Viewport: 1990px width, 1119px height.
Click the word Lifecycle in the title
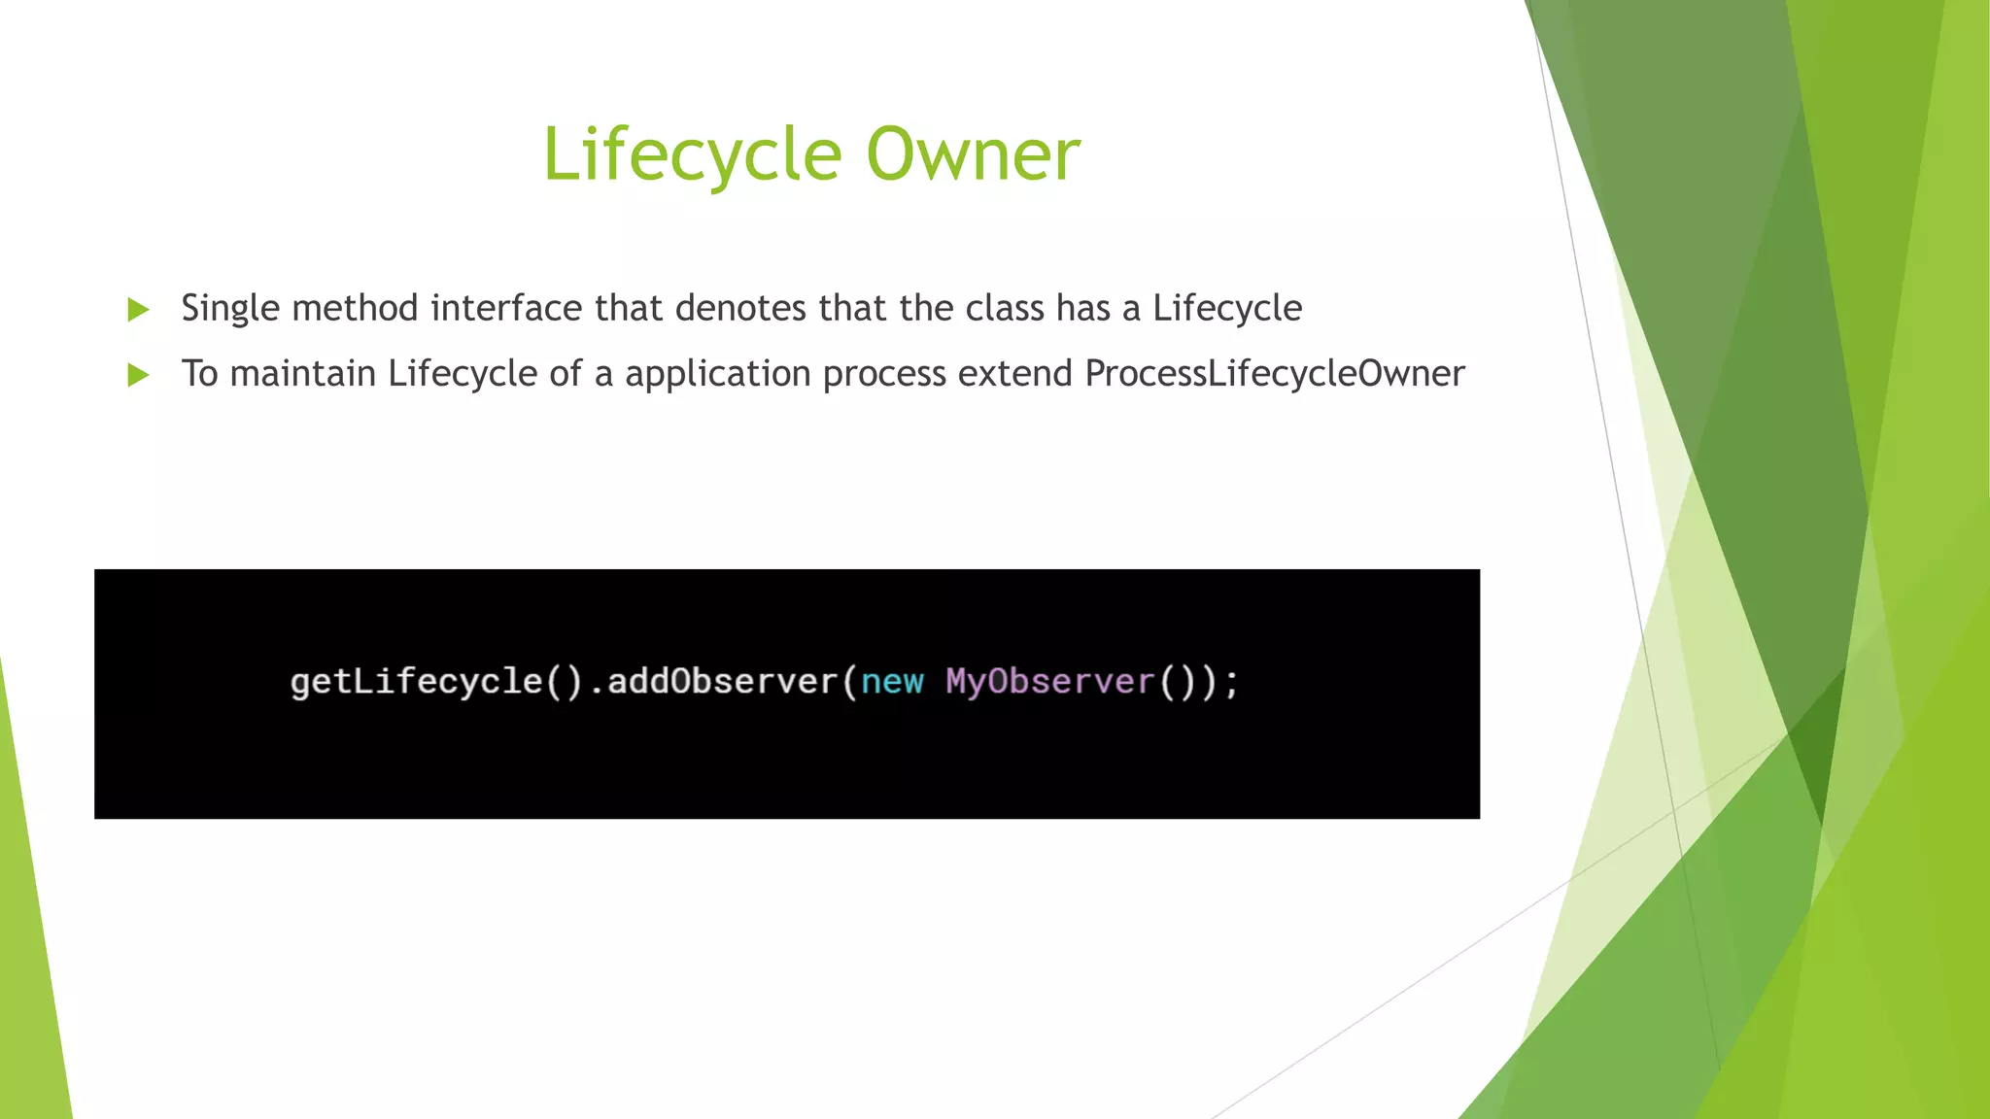[691, 155]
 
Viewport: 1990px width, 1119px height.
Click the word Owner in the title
[973, 155]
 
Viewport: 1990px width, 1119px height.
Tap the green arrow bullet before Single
[138, 310]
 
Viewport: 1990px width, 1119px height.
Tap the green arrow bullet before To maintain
[138, 375]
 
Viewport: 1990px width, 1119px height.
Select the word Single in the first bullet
[229, 309]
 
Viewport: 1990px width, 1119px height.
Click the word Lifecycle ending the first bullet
[1227, 309]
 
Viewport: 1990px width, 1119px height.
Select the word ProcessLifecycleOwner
[1274, 374]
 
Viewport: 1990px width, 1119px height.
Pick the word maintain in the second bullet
[302, 374]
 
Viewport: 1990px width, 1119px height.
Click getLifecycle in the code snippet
[416, 682]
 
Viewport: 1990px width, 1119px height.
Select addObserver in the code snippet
[721, 682]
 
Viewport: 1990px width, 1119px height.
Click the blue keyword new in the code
[892, 682]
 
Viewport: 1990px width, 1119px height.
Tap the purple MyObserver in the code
[1049, 682]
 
